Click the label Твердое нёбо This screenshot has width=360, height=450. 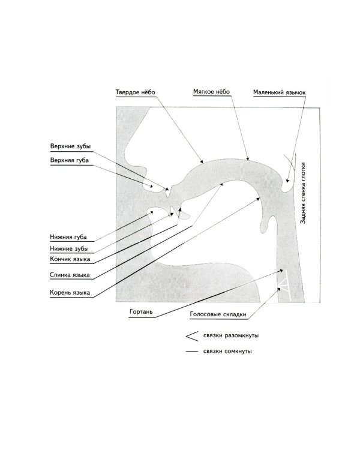(135, 92)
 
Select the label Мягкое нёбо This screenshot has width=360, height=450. (211, 92)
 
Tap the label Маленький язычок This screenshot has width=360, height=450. (280, 92)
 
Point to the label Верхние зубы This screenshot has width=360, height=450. (70, 146)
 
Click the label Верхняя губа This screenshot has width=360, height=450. (70, 160)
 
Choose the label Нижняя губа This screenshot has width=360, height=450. (68, 237)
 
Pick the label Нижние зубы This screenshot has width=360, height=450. (69, 248)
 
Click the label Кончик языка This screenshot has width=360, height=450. (70, 259)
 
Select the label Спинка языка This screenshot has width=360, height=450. (70, 275)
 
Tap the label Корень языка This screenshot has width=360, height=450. (70, 293)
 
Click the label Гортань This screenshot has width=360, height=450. (141, 312)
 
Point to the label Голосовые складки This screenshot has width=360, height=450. (218, 314)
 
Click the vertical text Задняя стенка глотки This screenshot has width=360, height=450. (303, 193)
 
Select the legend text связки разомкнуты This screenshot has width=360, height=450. (231, 335)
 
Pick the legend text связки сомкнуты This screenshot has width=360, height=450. (227, 351)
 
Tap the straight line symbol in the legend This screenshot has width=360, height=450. (192, 351)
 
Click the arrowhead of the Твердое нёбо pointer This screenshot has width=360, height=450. (202, 161)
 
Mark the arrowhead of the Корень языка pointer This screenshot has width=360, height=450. (258, 199)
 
